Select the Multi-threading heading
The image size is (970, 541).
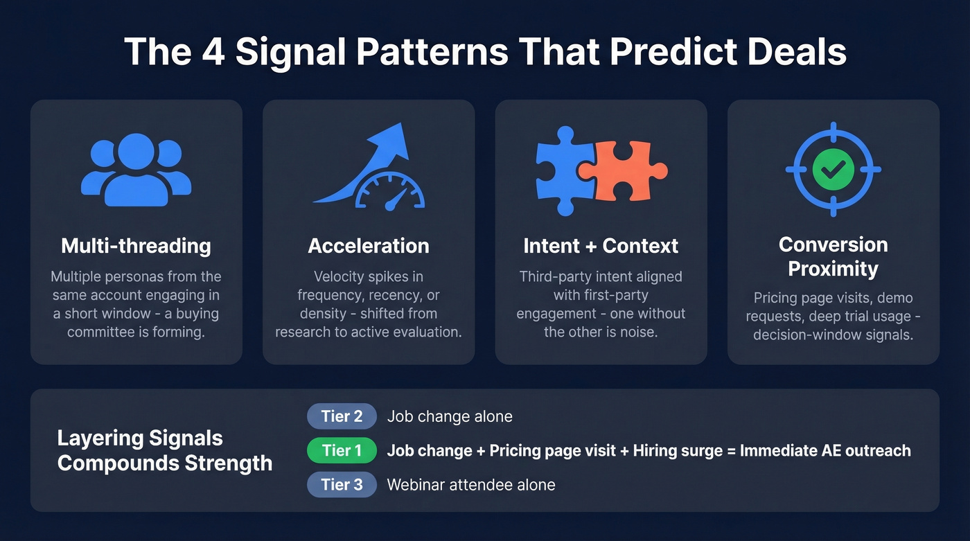[136, 246]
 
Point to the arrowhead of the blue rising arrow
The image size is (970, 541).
[391, 137]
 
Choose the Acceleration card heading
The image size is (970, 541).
[369, 246]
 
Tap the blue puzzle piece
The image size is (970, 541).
[563, 170]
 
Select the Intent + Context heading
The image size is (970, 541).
[601, 246]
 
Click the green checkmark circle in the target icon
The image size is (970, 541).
[833, 168]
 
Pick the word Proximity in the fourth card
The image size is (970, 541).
[833, 269]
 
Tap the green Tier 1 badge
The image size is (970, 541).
[342, 451]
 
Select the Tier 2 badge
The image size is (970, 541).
[342, 416]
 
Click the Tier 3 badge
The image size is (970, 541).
[342, 485]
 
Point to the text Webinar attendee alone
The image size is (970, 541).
[471, 485]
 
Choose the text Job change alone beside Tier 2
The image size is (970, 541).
[450, 416]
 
